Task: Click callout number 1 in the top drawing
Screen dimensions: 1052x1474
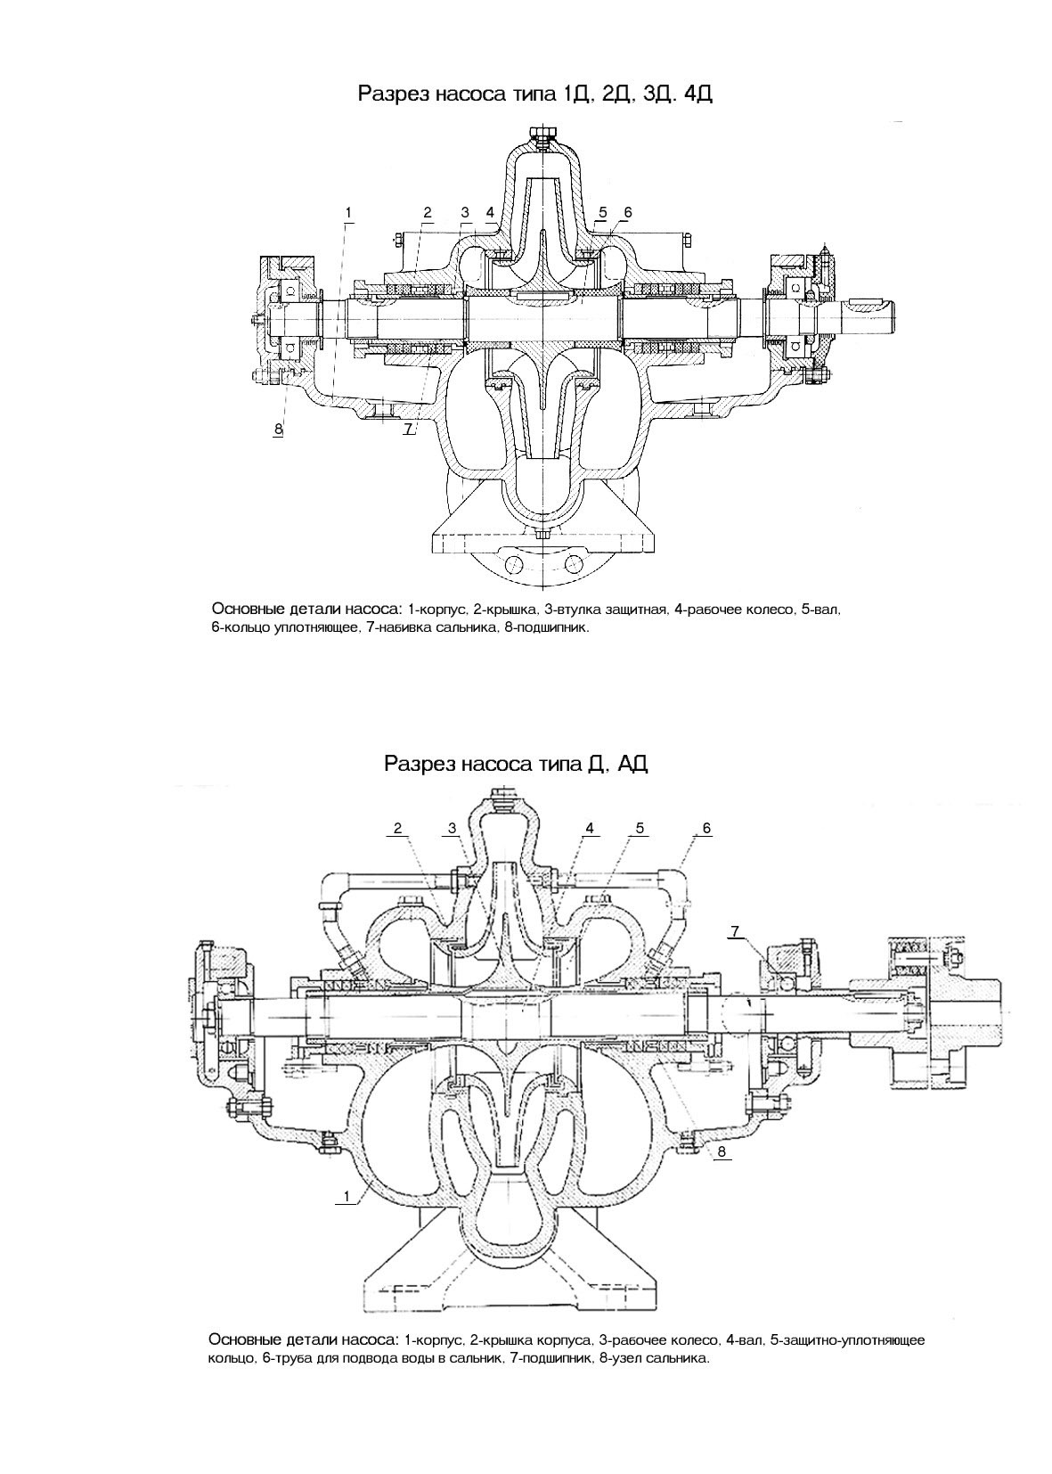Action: pos(348,213)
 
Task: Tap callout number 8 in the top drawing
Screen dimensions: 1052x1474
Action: pos(278,429)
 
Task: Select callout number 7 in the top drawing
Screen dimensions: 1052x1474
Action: pos(408,429)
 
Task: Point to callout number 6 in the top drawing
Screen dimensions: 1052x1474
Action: pos(627,213)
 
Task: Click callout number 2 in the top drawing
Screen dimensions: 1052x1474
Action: pos(428,213)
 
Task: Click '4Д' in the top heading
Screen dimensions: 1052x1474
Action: pos(698,94)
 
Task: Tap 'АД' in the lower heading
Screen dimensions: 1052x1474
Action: pos(633,764)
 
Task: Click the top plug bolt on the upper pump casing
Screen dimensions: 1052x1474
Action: pos(542,136)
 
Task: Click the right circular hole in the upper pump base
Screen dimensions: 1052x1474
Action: pos(573,564)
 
